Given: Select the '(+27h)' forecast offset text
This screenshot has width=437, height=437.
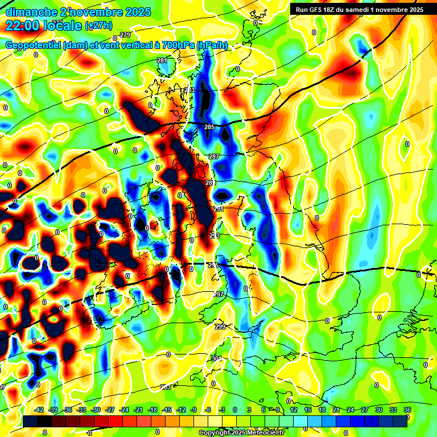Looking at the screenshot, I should [x=98, y=26].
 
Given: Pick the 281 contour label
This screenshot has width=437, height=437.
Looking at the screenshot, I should [x=162, y=60].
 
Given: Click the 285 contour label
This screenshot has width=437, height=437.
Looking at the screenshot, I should [x=209, y=127].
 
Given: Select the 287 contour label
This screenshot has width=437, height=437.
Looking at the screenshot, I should [x=214, y=156].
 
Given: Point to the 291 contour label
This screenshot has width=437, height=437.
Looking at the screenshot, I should [x=218, y=209].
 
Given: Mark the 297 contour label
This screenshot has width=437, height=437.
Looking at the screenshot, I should [x=218, y=294].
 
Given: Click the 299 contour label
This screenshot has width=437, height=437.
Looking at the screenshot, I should [x=220, y=327].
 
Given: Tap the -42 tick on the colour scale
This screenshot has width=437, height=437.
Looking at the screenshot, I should [x=39, y=410].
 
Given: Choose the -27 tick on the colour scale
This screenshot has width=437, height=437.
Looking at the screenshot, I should [x=110, y=410].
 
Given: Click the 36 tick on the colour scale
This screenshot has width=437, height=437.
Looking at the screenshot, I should [x=407, y=410].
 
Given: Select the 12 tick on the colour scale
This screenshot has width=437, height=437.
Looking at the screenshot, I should [x=294, y=410].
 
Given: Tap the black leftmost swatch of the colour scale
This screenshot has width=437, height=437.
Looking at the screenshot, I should [x=31, y=420].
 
